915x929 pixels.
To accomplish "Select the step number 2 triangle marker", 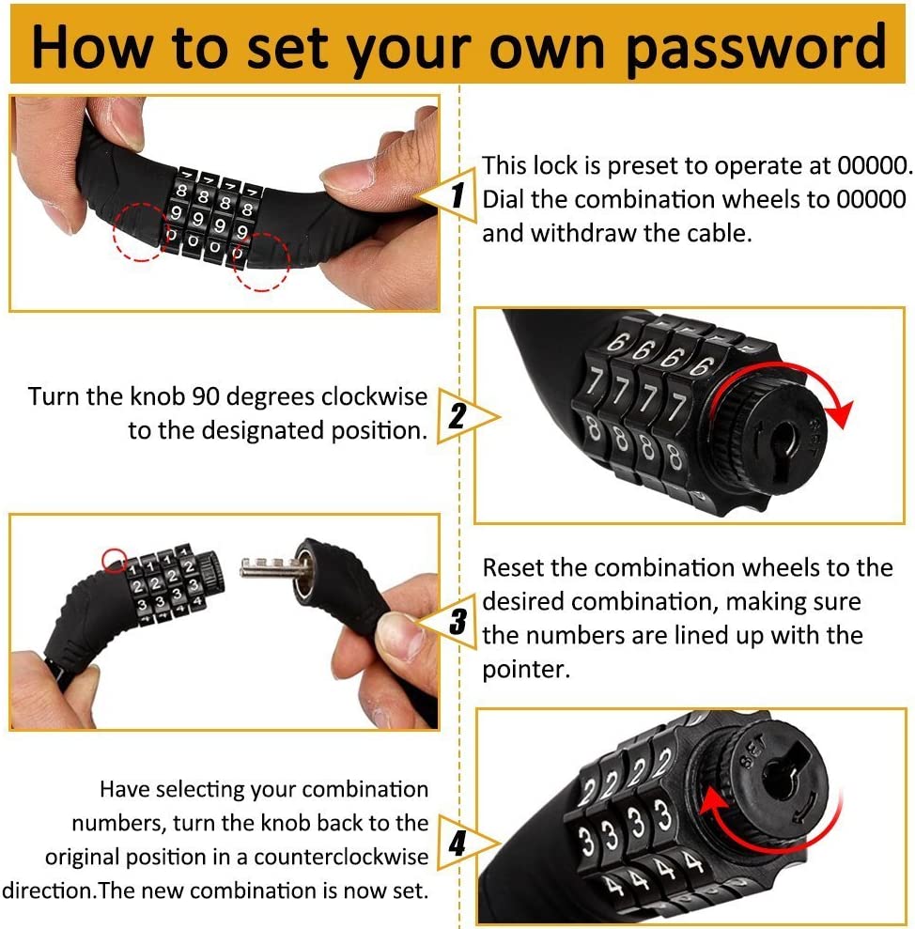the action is (462, 416).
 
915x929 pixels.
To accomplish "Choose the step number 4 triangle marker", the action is (462, 842).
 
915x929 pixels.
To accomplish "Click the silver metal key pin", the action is (271, 567).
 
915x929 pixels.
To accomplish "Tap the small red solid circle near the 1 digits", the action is (114, 560).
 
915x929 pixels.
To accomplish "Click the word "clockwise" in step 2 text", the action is (375, 396).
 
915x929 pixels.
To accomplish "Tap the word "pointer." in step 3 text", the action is (526, 670).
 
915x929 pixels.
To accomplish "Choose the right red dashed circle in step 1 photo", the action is (261, 261).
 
